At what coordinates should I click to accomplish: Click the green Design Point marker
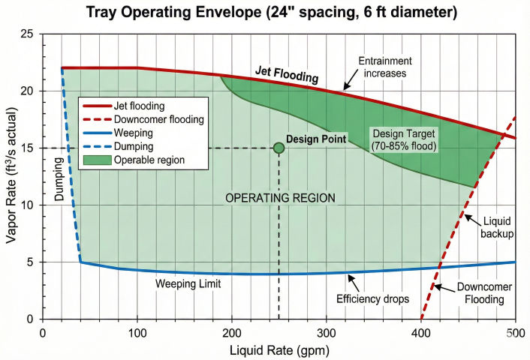279,148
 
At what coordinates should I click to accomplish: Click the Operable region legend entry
148,160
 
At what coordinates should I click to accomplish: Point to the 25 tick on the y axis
27,34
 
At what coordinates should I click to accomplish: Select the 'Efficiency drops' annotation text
372,298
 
